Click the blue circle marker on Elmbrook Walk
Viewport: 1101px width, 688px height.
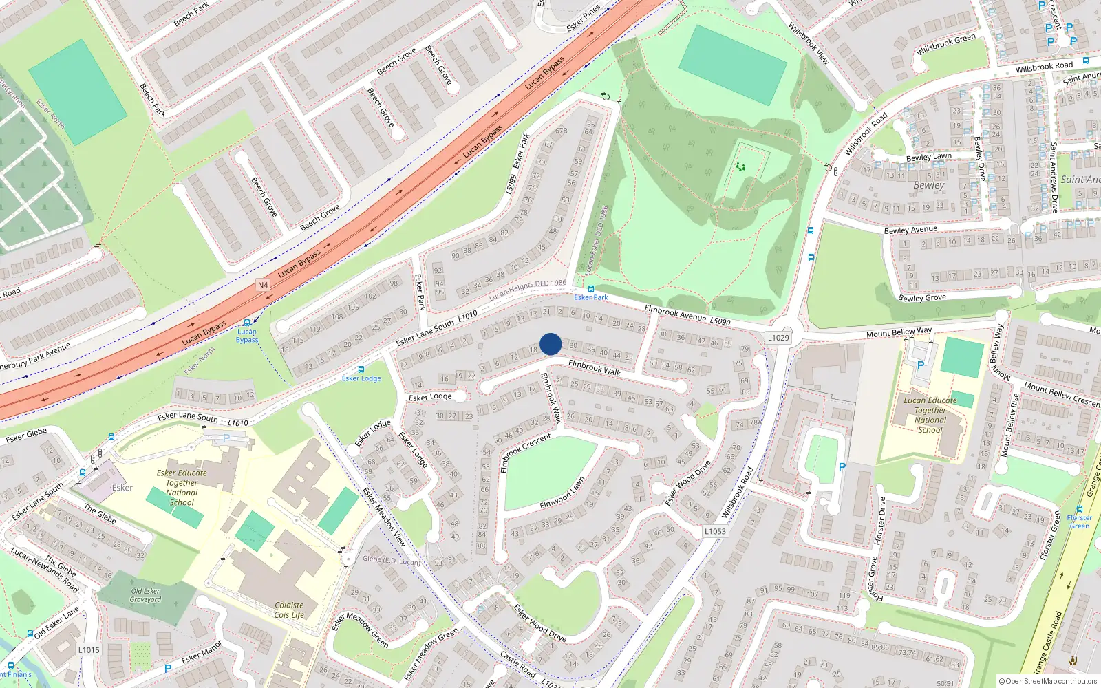point(550,344)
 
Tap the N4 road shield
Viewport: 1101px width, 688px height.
point(263,285)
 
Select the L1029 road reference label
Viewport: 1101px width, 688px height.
point(778,338)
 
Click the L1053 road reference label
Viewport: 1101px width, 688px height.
point(715,531)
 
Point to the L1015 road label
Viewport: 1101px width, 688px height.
point(89,649)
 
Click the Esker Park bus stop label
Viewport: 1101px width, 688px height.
point(591,297)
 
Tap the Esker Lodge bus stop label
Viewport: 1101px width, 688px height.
point(361,378)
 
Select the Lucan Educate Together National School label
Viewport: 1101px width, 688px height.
point(930,415)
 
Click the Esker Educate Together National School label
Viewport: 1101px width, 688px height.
point(182,487)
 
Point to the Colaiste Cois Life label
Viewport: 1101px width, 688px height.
point(289,610)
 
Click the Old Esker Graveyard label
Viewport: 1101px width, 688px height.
point(146,595)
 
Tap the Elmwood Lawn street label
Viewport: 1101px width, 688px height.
point(562,493)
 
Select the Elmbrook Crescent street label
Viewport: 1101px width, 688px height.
point(526,452)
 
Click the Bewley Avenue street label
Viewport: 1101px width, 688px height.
point(910,230)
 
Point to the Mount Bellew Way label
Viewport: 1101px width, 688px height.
point(899,332)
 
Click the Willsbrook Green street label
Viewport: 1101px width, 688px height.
point(946,44)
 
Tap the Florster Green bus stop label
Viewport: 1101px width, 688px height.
point(1079,522)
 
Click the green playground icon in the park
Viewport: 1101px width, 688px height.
point(740,166)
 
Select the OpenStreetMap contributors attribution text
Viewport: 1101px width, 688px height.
point(1048,681)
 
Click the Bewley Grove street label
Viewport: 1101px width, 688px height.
point(922,298)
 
